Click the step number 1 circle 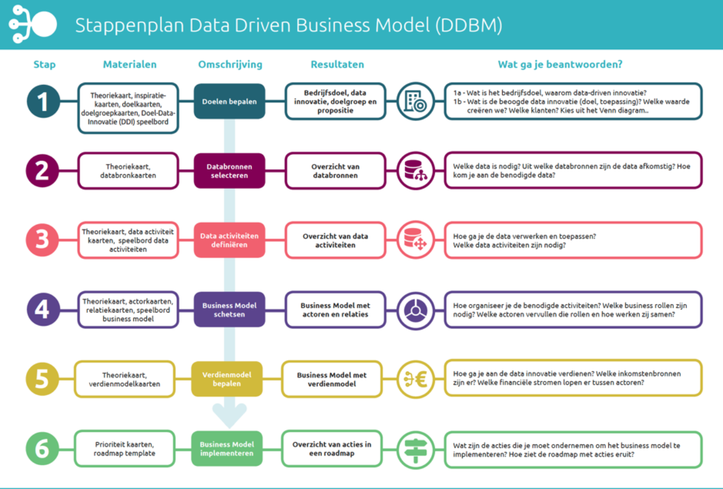pyautogui.click(x=43, y=101)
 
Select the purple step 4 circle pyautogui.click(x=43, y=309)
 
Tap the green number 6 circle pyautogui.click(x=42, y=448)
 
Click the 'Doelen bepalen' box pyautogui.click(x=229, y=101)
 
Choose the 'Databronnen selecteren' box pyautogui.click(x=229, y=171)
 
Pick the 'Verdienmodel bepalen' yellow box pyautogui.click(x=227, y=379)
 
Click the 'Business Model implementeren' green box pyautogui.click(x=227, y=448)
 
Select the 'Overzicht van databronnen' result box pyautogui.click(x=336, y=171)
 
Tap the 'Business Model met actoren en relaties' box pyautogui.click(x=336, y=310)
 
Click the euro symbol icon pyautogui.click(x=416, y=379)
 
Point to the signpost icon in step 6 pyautogui.click(x=416, y=450)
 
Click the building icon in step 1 pyautogui.click(x=416, y=101)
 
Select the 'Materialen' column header pyautogui.click(x=130, y=64)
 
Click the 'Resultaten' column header pyautogui.click(x=337, y=64)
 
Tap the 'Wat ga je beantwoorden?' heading pyautogui.click(x=560, y=64)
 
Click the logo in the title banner pyautogui.click(x=33, y=24)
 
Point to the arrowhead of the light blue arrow pyautogui.click(x=229, y=427)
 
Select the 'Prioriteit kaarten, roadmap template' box pyautogui.click(x=125, y=449)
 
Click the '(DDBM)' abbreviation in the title pyautogui.click(x=469, y=25)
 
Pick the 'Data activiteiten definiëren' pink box pyautogui.click(x=229, y=240)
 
